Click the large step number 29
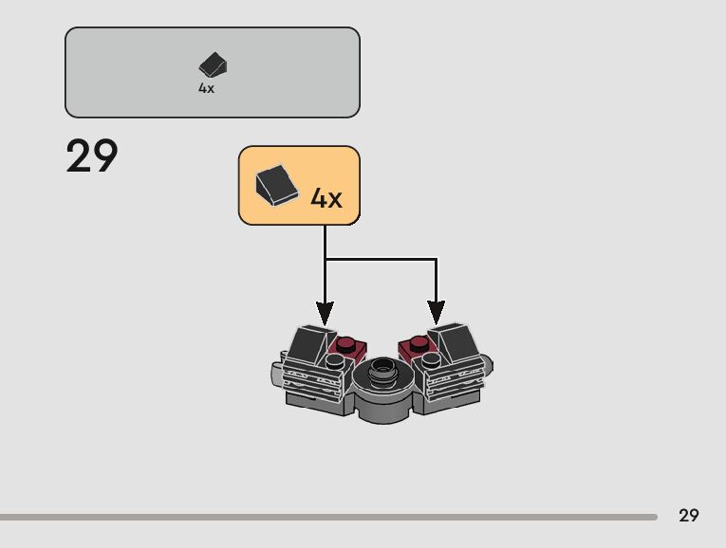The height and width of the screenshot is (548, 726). tap(92, 156)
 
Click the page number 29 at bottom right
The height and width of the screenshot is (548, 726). tap(689, 516)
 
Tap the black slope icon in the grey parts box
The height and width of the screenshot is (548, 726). tap(213, 64)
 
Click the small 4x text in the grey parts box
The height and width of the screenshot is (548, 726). tap(206, 88)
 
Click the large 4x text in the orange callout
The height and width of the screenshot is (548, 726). tap(326, 198)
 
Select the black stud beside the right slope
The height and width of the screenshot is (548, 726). tap(432, 361)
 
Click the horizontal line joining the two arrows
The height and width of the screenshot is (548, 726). tap(381, 259)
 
